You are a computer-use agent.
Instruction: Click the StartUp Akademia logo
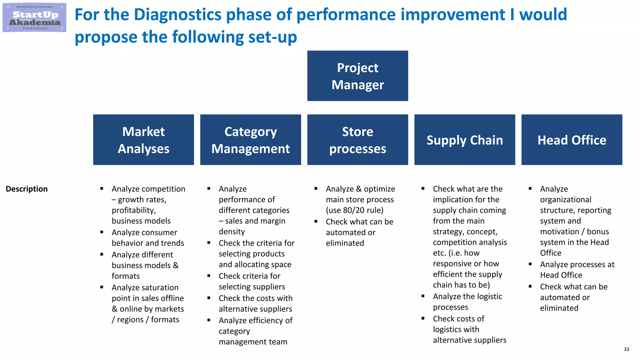click(34, 18)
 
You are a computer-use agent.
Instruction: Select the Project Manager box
click(357, 76)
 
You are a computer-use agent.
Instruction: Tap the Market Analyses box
click(143, 140)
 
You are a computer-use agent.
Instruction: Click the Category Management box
click(250, 140)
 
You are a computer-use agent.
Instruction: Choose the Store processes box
click(357, 140)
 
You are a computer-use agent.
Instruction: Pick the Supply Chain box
click(464, 140)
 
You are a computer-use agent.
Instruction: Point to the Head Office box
click(572, 140)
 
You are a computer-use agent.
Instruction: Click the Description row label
click(27, 189)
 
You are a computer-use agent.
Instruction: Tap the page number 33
click(626, 349)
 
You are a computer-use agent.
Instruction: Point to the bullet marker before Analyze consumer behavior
click(102, 232)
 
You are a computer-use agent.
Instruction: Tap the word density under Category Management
click(232, 232)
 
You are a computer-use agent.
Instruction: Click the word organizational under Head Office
click(565, 200)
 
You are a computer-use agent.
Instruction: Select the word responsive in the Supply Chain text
click(452, 264)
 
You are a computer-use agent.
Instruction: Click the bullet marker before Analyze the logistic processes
click(423, 296)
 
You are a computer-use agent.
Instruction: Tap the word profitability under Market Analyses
click(134, 210)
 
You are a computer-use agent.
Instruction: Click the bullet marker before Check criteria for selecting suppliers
click(209, 276)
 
